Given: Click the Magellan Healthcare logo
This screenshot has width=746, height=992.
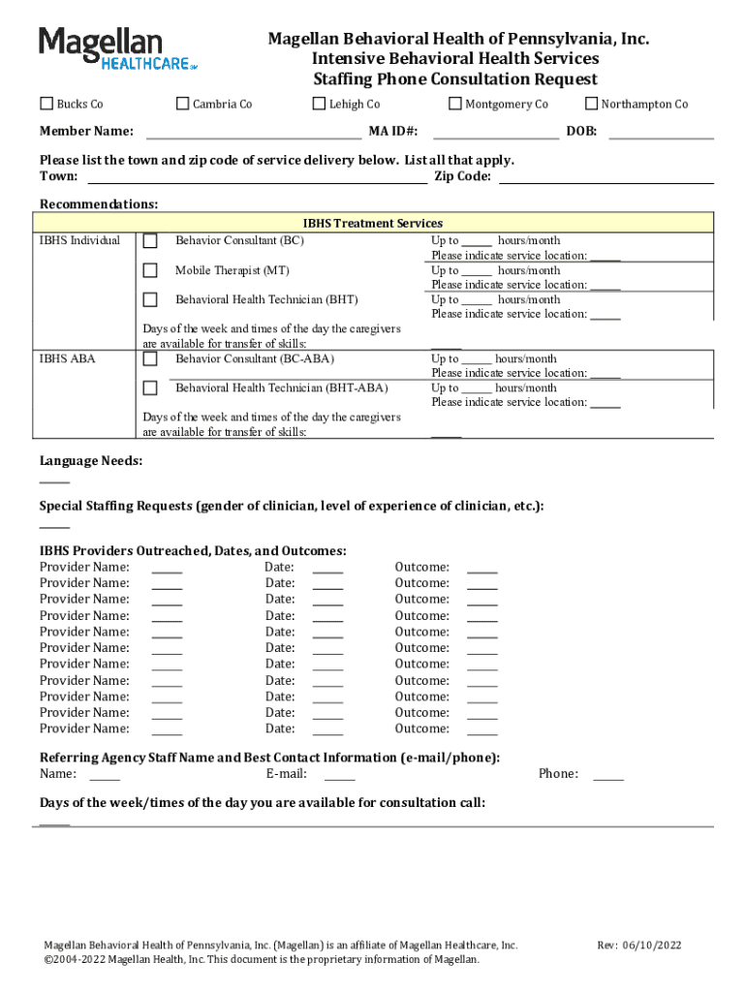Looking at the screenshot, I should pyautogui.click(x=117, y=48).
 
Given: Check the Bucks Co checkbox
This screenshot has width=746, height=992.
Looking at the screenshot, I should pyautogui.click(x=47, y=104).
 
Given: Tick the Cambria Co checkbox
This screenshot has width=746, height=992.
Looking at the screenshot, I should pyautogui.click(x=182, y=104).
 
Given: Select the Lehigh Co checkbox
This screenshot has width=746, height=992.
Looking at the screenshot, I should pyautogui.click(x=319, y=104).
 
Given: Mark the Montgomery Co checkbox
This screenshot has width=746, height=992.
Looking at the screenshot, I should pyautogui.click(x=455, y=104).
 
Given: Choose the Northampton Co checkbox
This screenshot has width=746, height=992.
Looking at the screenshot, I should pyautogui.click(x=591, y=104).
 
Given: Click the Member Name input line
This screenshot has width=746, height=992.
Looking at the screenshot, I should pyautogui.click(x=253, y=133).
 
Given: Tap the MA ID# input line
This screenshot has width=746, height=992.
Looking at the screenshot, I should pyautogui.click(x=495, y=133).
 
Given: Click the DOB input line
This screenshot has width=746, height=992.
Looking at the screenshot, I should pyautogui.click(x=660, y=133).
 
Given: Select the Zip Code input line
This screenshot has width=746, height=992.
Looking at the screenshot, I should pyautogui.click(x=606, y=176).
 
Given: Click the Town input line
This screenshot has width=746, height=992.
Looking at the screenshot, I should pyautogui.click(x=257, y=176).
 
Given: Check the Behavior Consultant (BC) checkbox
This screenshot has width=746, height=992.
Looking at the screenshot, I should pyautogui.click(x=150, y=241).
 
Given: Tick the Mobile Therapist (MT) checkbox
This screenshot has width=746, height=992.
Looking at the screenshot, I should pyautogui.click(x=150, y=271).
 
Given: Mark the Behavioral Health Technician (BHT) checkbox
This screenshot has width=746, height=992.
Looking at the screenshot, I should pyautogui.click(x=150, y=300).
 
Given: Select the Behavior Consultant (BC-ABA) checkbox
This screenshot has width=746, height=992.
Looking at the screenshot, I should pyautogui.click(x=150, y=359).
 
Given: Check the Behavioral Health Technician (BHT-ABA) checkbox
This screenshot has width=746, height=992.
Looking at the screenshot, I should pyautogui.click(x=150, y=388).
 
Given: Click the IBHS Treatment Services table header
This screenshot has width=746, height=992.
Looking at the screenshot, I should pyautogui.click(x=373, y=223).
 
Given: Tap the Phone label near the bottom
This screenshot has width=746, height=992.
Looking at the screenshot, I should pyautogui.click(x=558, y=773).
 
